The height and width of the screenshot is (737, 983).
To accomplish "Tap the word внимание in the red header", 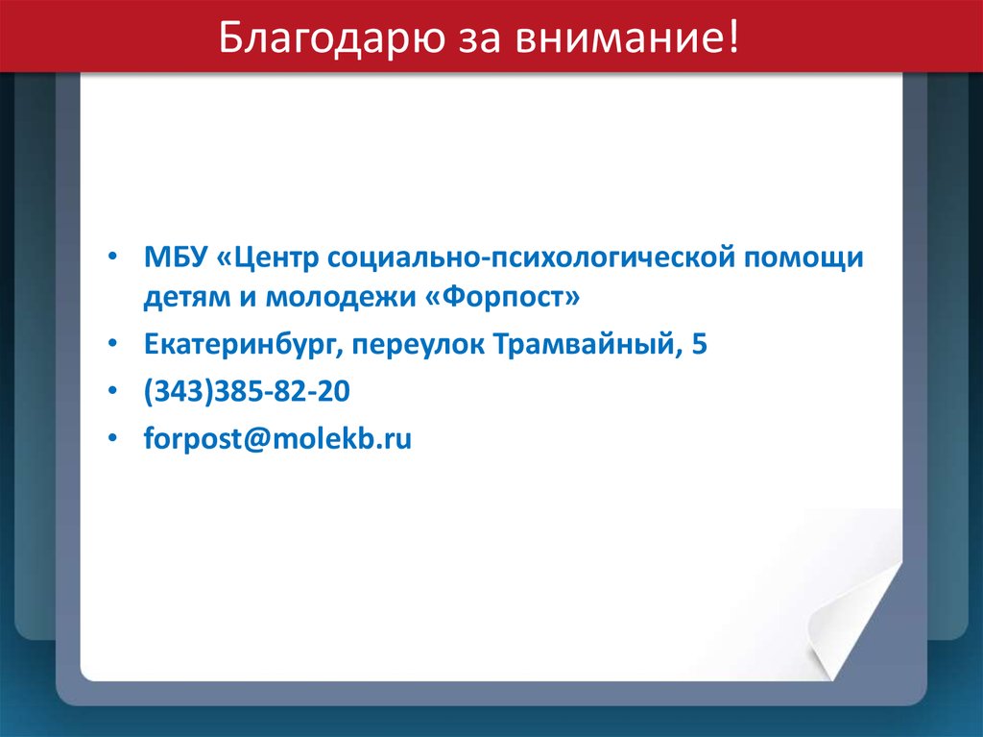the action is [x=628, y=37].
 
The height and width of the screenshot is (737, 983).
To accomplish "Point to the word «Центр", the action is [x=268, y=258].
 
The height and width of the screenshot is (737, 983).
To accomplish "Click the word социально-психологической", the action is [x=532, y=258].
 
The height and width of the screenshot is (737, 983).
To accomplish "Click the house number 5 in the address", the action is [x=700, y=344].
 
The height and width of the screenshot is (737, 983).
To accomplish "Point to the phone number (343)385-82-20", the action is [x=247, y=391].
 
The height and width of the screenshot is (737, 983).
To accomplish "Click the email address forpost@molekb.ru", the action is [x=277, y=438].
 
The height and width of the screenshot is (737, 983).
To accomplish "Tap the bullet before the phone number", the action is [x=112, y=391].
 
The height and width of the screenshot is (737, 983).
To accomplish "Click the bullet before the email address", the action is [x=112, y=438].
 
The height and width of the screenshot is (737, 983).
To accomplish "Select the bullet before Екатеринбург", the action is [x=112, y=344].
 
